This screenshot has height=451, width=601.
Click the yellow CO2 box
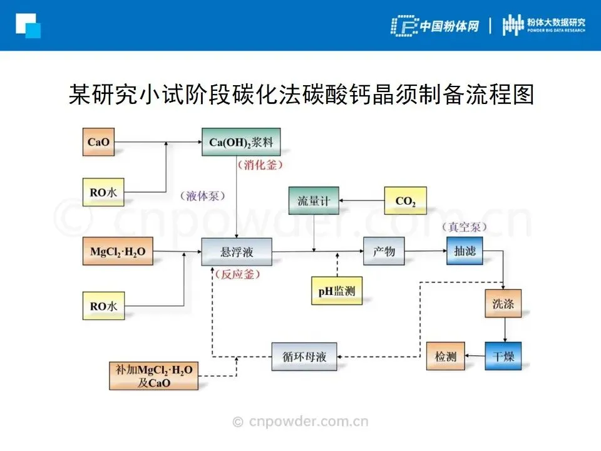pos(406,202)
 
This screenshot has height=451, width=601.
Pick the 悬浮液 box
pos(237,252)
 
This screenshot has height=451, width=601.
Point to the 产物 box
pos(384,252)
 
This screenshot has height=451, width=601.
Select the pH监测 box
pos(337,291)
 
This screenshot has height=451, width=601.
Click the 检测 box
pos(446,357)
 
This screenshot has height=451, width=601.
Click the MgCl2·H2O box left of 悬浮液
pos(118,252)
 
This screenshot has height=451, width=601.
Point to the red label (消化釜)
pos(260,165)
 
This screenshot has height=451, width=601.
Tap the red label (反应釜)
pos(237,274)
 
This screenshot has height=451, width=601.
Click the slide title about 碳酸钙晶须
pos(300,96)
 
